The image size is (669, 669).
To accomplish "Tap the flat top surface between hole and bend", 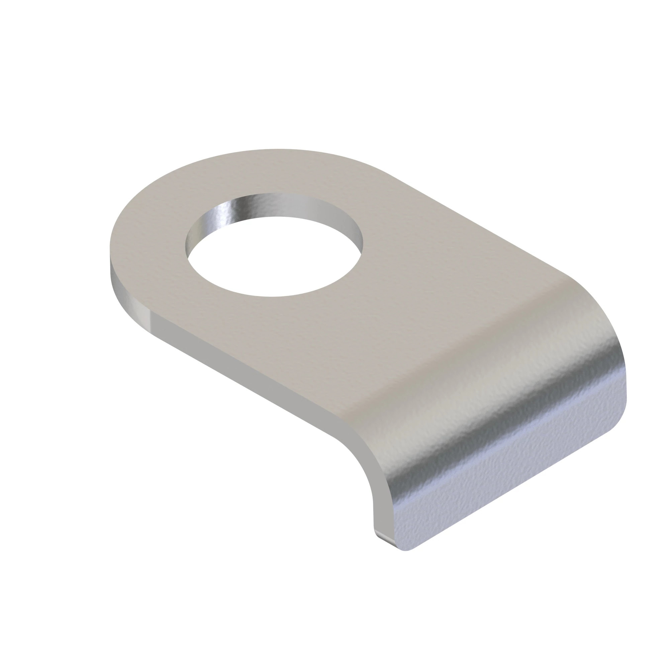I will click(x=398, y=312).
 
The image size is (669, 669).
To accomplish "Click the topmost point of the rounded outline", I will click(x=274, y=150).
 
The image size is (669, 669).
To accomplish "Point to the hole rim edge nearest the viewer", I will click(x=274, y=296).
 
